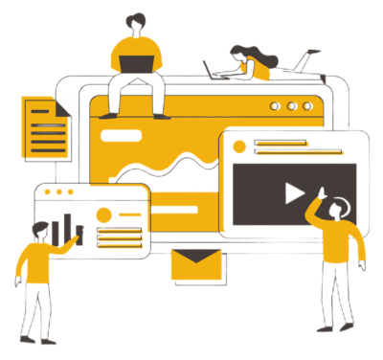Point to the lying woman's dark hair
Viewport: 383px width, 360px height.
tap(240, 53)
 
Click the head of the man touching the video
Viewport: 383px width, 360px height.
tap(338, 205)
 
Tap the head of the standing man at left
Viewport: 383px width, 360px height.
tap(39, 231)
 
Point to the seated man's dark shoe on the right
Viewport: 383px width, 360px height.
tap(162, 114)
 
